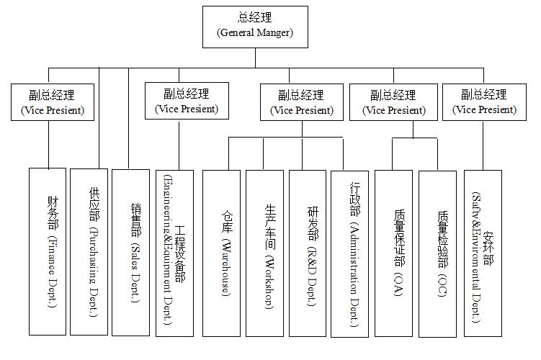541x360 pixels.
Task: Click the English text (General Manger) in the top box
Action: click(x=255, y=33)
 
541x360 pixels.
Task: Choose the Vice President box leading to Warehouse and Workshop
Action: click(x=301, y=102)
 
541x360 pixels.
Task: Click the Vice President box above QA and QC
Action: click(x=393, y=102)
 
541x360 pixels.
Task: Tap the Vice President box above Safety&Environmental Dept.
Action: click(x=484, y=102)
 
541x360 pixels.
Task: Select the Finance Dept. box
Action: click(x=48, y=251)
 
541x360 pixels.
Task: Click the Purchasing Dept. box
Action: click(x=89, y=251)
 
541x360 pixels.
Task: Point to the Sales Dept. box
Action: click(x=131, y=251)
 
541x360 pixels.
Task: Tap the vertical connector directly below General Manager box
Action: click(x=255, y=58)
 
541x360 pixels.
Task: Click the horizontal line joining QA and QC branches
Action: click(x=414, y=138)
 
